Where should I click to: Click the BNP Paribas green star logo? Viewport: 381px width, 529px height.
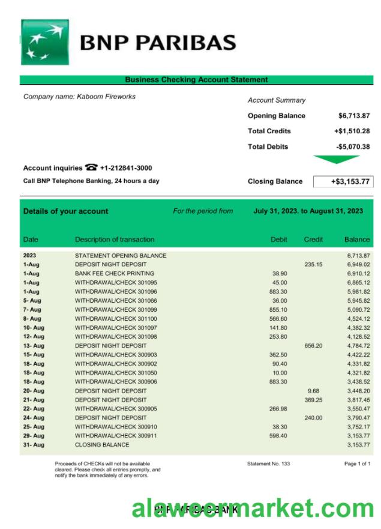click(x=45, y=41)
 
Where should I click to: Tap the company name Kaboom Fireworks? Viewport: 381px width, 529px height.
click(x=79, y=97)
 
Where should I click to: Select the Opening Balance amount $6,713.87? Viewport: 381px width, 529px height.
click(x=353, y=116)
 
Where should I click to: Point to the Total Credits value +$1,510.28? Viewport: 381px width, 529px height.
click(x=352, y=131)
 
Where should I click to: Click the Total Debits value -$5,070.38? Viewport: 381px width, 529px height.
click(x=353, y=147)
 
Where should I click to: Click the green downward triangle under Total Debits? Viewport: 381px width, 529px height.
click(x=337, y=159)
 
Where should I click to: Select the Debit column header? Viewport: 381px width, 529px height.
click(x=279, y=240)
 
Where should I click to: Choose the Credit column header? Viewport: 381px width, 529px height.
click(x=313, y=240)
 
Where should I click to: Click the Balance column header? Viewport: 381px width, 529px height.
click(x=357, y=240)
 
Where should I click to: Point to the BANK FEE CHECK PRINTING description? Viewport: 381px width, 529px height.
click(x=115, y=273)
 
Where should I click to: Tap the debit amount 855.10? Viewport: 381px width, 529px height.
click(x=280, y=309)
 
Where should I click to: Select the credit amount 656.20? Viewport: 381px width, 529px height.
click(x=313, y=345)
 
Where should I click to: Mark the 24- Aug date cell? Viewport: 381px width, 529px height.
click(x=33, y=417)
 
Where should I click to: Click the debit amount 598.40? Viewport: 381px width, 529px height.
click(x=280, y=435)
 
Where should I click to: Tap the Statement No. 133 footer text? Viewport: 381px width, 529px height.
click(x=268, y=464)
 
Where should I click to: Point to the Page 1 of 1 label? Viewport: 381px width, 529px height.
click(x=357, y=464)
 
